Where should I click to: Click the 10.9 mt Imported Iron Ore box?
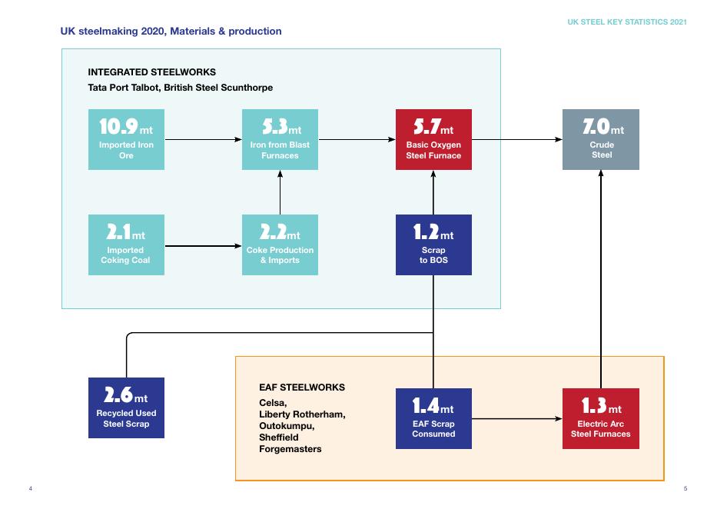click(x=126, y=139)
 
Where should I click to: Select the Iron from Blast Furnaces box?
click(x=280, y=139)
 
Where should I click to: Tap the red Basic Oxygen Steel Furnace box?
click(x=433, y=139)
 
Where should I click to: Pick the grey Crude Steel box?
click(x=601, y=139)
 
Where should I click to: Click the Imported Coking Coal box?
click(x=126, y=245)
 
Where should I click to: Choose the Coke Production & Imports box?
click(x=280, y=245)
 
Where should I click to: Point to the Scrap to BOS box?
click(x=433, y=245)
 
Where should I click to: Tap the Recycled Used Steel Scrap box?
click(x=126, y=408)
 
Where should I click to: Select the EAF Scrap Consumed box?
click(x=433, y=418)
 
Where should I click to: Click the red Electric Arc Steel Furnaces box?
click(x=601, y=418)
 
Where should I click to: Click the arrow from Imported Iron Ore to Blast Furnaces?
click(x=204, y=139)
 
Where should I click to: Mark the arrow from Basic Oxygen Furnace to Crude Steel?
click(x=517, y=139)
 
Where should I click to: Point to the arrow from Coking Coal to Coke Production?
click(x=204, y=246)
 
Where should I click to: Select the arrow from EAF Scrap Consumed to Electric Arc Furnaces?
click(x=517, y=418)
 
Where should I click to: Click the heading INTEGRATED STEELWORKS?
click(x=152, y=72)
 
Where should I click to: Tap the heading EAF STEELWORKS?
click(x=302, y=388)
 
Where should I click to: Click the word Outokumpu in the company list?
click(x=287, y=426)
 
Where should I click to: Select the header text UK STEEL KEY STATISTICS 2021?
click(x=627, y=22)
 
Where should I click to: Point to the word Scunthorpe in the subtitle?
click(x=247, y=88)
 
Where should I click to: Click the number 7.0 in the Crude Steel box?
click(x=596, y=127)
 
